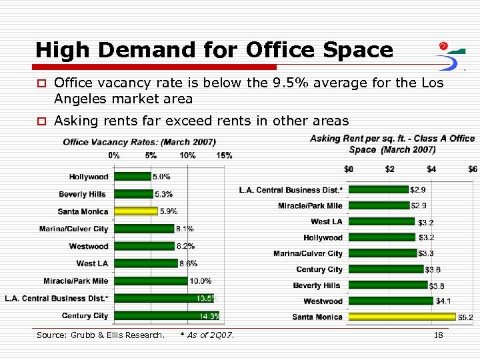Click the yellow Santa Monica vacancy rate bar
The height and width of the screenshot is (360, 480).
point(136,211)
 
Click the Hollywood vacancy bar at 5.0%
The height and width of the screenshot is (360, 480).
point(133,177)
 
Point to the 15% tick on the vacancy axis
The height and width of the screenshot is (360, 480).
point(224,155)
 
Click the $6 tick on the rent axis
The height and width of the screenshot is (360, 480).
point(472,169)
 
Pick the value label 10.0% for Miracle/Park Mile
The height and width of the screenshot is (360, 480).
point(201,281)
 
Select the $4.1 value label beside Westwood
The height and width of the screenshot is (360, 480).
point(443,301)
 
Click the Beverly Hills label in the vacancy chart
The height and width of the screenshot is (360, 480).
point(82,194)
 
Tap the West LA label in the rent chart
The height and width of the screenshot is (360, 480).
point(326,221)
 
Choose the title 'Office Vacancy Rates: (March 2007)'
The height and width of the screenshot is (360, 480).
point(139,142)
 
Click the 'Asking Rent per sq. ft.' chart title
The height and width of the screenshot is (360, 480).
point(392,143)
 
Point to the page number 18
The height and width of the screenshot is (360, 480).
point(438,335)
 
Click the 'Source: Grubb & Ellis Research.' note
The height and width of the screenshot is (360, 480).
point(100,335)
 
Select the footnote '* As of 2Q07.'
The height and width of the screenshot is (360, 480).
point(207,335)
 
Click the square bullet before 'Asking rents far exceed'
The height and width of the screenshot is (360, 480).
point(41,121)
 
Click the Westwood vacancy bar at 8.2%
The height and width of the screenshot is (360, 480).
point(144,246)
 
